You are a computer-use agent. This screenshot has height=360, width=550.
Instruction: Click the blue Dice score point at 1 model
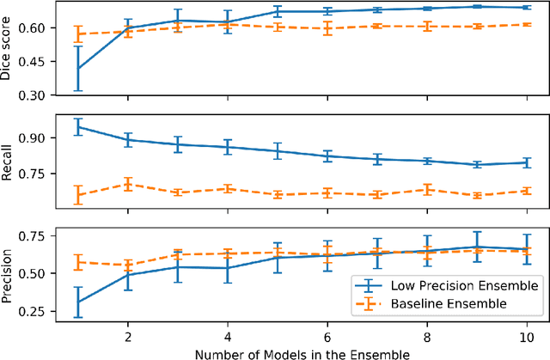(78, 68)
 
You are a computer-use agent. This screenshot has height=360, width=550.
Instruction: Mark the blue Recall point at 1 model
(78, 127)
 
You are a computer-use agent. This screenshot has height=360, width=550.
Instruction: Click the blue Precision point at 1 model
(78, 302)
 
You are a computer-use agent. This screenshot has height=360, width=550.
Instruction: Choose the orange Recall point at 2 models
(128, 184)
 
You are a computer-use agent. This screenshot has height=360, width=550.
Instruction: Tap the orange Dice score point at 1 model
(78, 34)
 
